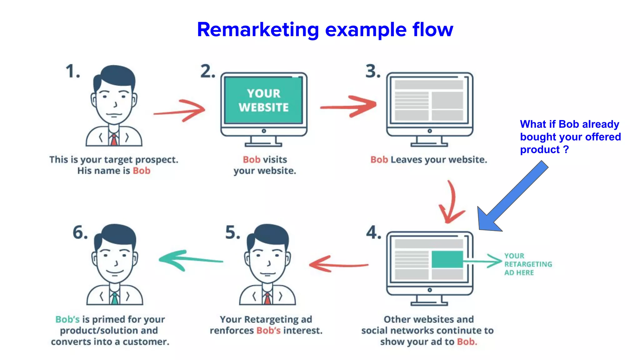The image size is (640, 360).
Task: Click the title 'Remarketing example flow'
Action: tap(325, 30)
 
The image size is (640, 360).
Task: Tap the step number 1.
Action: tap(72, 71)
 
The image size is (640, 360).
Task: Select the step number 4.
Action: tap(374, 233)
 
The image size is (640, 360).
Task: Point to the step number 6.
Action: tap(80, 233)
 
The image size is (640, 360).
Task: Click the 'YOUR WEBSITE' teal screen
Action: tap(264, 100)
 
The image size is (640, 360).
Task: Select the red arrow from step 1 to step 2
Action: tap(180, 111)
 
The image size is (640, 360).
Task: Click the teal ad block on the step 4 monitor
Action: tap(447, 259)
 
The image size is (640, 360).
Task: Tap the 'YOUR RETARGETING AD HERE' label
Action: tap(528, 264)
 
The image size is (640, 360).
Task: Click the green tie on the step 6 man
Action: tap(115, 298)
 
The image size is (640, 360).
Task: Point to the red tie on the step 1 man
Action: tap(114, 140)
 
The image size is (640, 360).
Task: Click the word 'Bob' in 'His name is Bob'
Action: tap(142, 171)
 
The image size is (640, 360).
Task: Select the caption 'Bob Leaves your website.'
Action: tap(429, 160)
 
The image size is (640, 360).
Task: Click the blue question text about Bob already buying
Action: tap(570, 137)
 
